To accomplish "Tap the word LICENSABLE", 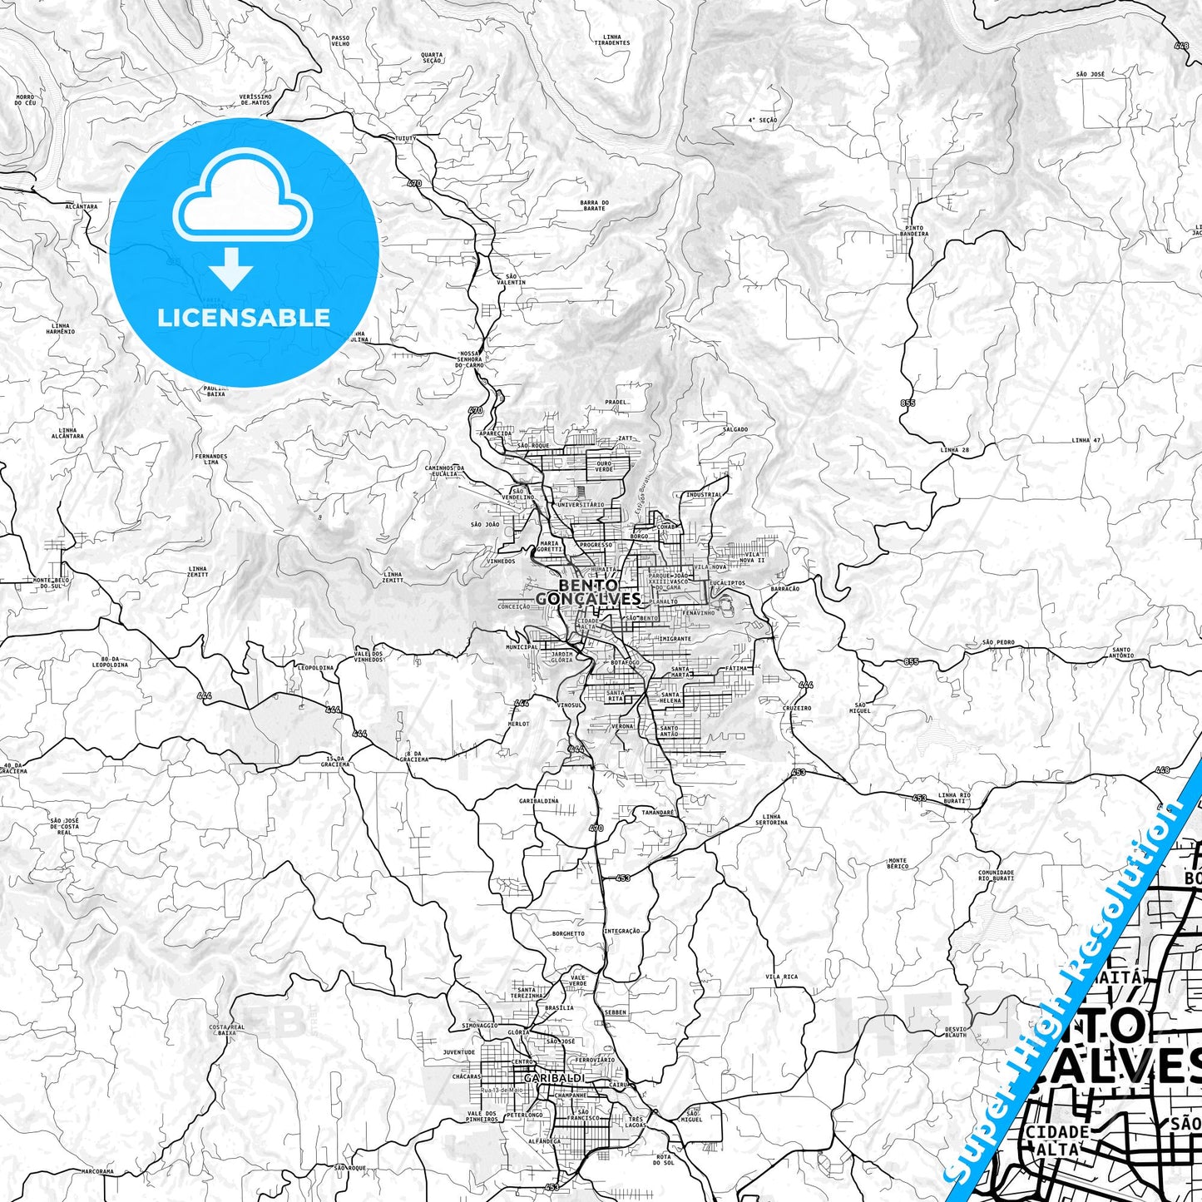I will (244, 317).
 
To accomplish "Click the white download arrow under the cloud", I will (230, 268).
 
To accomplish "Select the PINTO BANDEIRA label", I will (913, 230).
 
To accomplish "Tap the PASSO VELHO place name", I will (340, 40).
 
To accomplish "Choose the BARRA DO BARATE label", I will (595, 205).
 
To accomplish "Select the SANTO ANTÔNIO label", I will (1121, 652).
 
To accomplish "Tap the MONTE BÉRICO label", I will (898, 863).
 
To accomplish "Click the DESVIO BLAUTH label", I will (956, 1032).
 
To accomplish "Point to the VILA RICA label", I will (782, 977).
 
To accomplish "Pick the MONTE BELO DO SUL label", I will (49, 582).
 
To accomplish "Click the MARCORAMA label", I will (97, 1171).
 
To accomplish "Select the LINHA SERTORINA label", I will (773, 819).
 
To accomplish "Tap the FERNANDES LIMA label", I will (210, 458).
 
